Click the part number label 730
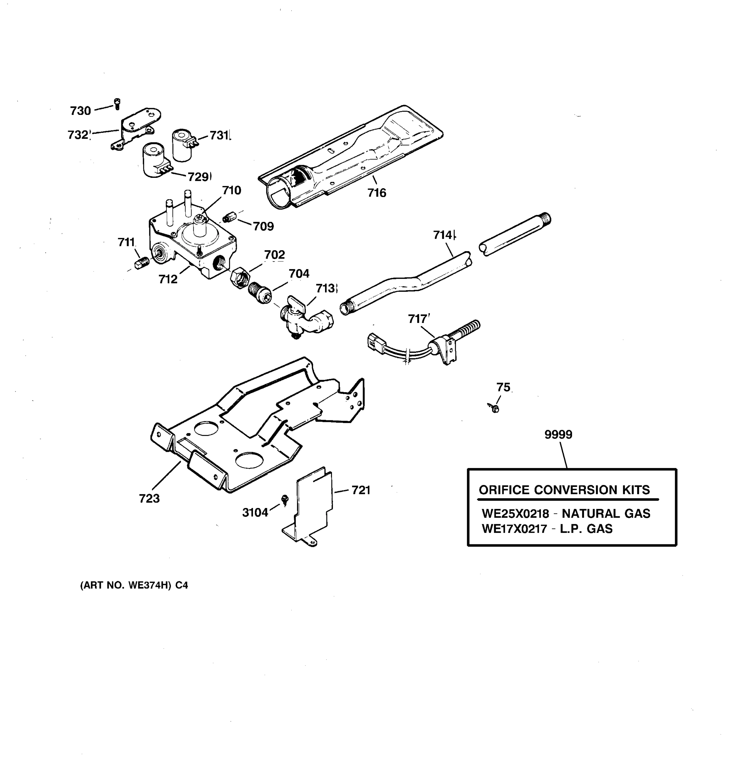tap(80, 111)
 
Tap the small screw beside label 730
tap(117, 104)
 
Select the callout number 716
tap(376, 193)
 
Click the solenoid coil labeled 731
tap(182, 145)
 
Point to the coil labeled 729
tap(155, 160)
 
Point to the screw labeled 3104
tap(285, 499)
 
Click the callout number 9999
tap(558, 435)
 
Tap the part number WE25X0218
tap(515, 513)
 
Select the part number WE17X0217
tap(514, 529)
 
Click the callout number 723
tap(149, 499)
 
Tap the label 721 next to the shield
tap(361, 490)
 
